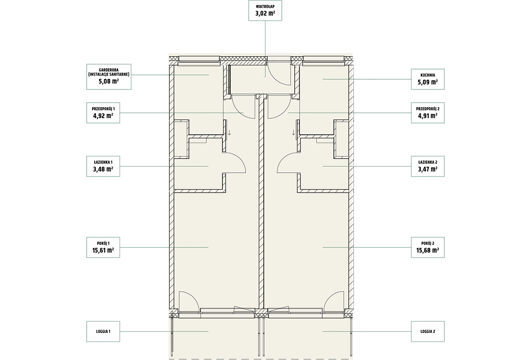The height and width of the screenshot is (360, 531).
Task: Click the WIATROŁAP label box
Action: click(265, 10)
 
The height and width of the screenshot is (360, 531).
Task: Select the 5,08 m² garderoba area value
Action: click(108, 81)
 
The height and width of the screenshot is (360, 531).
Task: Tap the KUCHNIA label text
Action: click(427, 75)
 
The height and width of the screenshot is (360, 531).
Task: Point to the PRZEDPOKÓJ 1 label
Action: click(103, 109)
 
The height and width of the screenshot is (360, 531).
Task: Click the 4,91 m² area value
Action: click(427, 116)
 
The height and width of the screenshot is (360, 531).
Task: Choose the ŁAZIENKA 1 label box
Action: click(103, 166)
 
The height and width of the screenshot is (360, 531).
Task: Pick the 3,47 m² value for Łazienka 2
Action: click(427, 169)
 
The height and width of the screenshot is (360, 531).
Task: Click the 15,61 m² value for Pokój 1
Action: click(103, 250)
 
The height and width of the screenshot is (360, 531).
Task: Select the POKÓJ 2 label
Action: click(427, 243)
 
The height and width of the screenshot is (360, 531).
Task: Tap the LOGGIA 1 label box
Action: click(103, 332)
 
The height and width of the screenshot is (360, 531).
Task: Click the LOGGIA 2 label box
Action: click(427, 332)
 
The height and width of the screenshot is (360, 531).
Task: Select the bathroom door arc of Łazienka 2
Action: click(284, 159)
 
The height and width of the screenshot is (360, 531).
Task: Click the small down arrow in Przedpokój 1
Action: click(229, 132)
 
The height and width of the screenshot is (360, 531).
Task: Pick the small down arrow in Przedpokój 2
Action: click(293, 132)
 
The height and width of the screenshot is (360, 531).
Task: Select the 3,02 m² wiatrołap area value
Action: click(265, 13)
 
